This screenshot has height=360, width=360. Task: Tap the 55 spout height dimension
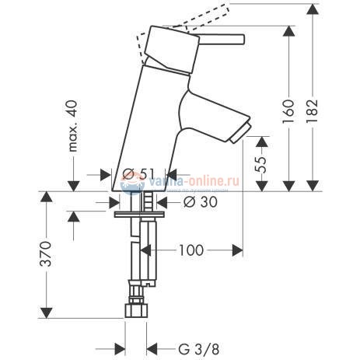(x=264, y=163)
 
